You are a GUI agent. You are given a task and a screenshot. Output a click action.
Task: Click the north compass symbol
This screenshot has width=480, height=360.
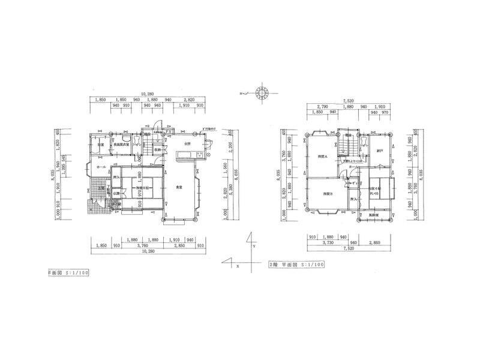click(262, 94)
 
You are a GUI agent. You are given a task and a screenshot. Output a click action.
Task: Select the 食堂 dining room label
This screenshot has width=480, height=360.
click(179, 188)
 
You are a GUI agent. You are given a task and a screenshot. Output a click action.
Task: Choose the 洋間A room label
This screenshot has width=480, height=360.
click(322, 157)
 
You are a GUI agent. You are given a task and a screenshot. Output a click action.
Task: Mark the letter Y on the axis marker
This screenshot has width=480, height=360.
click(254, 246)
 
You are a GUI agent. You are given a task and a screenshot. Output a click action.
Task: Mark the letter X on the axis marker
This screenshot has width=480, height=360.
click(238, 265)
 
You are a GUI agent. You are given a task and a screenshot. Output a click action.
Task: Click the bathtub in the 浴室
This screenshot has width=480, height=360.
click(96, 144)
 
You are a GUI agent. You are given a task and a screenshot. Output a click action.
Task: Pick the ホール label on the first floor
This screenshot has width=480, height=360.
click(101, 167)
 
